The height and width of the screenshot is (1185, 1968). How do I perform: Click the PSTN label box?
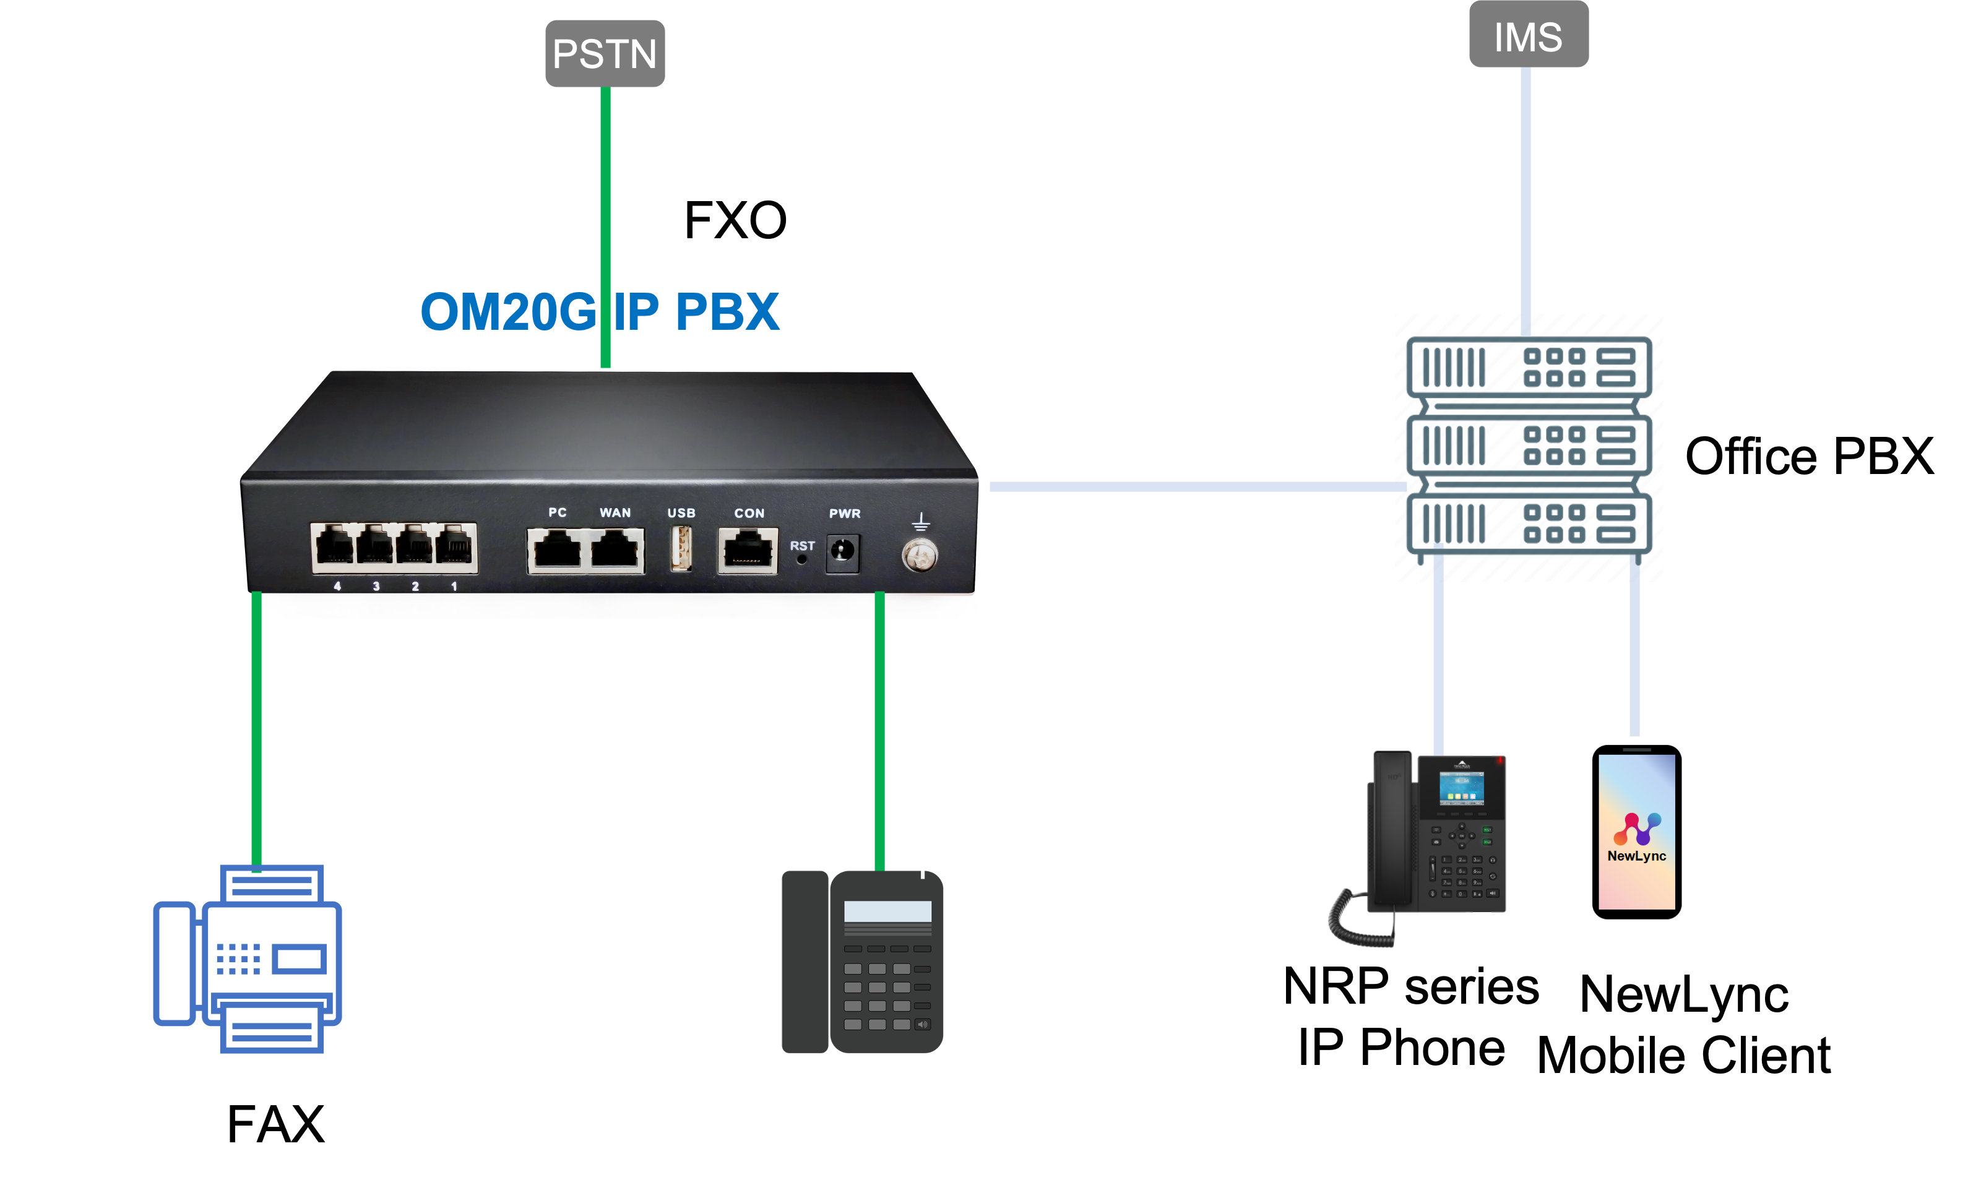[x=605, y=53]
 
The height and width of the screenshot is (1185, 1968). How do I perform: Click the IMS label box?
[x=1528, y=35]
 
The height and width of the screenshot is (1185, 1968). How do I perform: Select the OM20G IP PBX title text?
[x=599, y=311]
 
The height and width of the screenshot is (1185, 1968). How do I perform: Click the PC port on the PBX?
[x=556, y=550]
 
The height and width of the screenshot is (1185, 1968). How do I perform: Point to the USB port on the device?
[x=681, y=549]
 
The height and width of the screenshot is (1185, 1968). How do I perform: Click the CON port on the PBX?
[x=748, y=550]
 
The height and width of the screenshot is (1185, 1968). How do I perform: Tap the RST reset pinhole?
[x=801, y=559]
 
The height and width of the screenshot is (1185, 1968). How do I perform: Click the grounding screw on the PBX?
[x=920, y=555]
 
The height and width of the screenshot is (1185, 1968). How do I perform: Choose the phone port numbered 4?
[x=335, y=548]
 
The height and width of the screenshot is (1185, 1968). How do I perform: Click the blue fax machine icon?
[x=248, y=959]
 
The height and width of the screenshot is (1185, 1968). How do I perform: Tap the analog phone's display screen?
[x=887, y=911]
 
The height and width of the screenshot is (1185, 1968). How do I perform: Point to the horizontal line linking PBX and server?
[x=1198, y=486]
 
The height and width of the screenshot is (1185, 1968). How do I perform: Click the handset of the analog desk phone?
[x=804, y=962]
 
